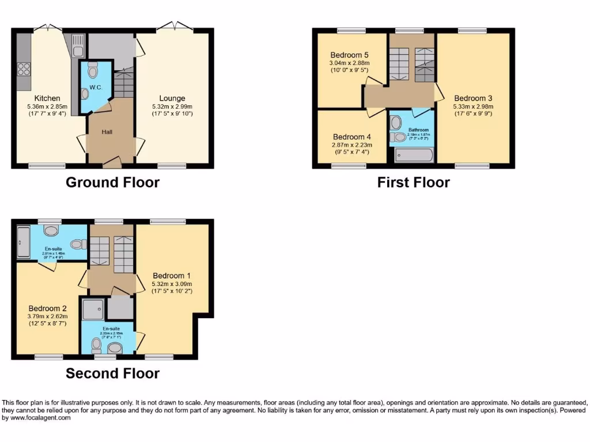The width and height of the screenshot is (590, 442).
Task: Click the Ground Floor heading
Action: tap(112, 182)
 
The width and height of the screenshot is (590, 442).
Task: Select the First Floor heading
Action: tap(413, 182)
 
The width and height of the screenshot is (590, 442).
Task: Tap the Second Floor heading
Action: tap(112, 373)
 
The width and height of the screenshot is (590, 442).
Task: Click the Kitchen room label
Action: tap(47, 98)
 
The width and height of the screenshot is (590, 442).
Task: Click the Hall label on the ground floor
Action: tap(107, 132)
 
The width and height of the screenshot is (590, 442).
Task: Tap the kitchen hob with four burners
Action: tap(24, 69)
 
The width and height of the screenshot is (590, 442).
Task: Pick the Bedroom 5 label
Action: tap(349, 55)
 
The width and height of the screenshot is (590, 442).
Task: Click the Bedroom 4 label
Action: tap(351, 137)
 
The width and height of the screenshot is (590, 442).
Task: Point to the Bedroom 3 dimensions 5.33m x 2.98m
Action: tap(472, 106)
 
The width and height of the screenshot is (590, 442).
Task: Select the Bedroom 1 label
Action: tap(172, 276)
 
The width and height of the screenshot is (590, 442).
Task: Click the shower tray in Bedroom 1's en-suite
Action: tap(93, 308)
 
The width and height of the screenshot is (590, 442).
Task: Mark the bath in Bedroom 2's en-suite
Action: tap(22, 242)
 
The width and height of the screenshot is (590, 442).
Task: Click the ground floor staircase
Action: tap(123, 84)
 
